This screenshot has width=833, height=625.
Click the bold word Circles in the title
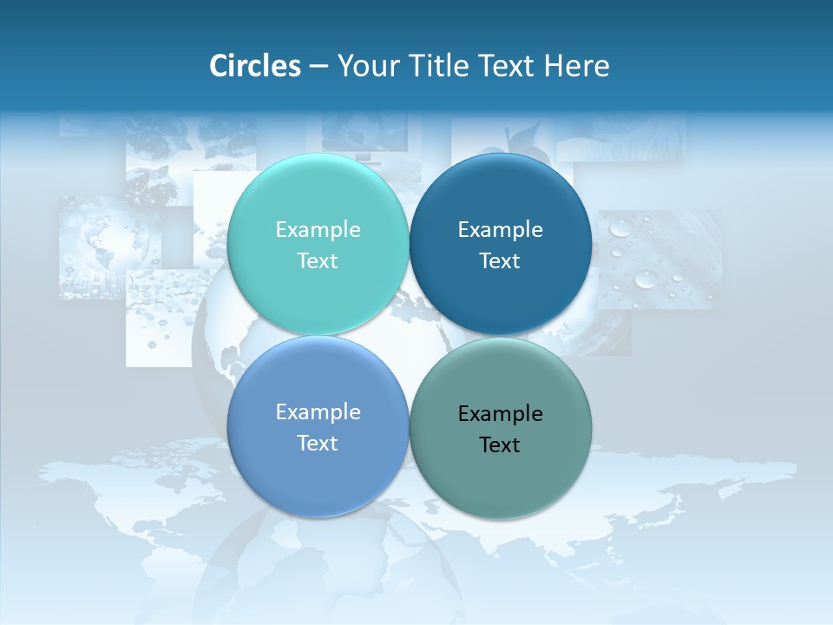pyautogui.click(x=254, y=66)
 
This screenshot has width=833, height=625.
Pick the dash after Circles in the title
pyautogui.click(x=318, y=67)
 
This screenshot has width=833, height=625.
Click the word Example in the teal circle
pyautogui.click(x=318, y=229)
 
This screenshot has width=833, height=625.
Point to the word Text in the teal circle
pyautogui.click(x=318, y=260)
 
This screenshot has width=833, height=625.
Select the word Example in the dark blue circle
pyautogui.click(x=500, y=229)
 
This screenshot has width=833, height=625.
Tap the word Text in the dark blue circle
pyautogui.click(x=500, y=260)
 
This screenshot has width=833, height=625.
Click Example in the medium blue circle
pyautogui.click(x=318, y=411)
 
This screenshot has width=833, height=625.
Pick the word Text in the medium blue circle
pyautogui.click(x=318, y=443)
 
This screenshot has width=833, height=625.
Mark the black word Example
pyautogui.click(x=500, y=413)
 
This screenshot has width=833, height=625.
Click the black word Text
pyautogui.click(x=500, y=444)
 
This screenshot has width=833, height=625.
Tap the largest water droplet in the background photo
pyautogui.click(x=646, y=279)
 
